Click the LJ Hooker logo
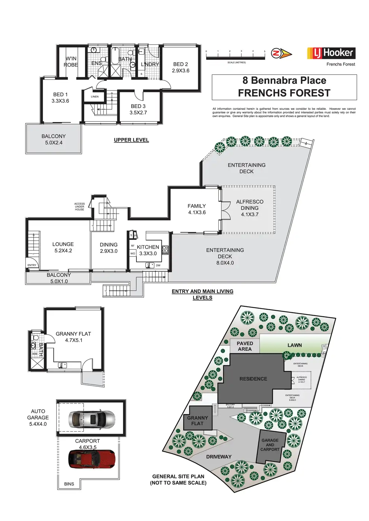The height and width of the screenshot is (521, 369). [331, 53]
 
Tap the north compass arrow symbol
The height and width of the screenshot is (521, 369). [281, 54]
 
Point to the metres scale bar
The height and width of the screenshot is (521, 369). [235, 57]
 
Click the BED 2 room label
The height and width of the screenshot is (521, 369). [180, 67]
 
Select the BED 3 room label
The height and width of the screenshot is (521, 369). [138, 109]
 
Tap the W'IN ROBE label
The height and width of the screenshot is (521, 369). [71, 62]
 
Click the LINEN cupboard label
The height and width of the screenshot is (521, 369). [95, 97]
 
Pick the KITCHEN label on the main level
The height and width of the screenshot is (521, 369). [148, 250]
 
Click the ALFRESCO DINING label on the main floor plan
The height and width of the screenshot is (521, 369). [250, 208]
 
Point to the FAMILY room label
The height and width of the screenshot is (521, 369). [197, 209]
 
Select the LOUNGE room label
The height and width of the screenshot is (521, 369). [63, 247]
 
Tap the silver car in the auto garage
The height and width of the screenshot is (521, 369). [92, 419]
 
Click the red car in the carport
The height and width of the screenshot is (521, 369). [92, 459]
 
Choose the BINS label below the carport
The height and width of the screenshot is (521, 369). [69, 484]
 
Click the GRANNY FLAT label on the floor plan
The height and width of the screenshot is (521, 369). [73, 337]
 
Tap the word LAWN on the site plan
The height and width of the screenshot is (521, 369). [294, 345]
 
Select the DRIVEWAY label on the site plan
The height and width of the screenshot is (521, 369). [219, 457]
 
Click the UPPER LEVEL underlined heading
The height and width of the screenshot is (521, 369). [131, 140]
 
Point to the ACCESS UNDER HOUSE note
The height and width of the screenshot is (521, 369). [79, 207]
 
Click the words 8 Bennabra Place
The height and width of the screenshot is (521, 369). [284, 80]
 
